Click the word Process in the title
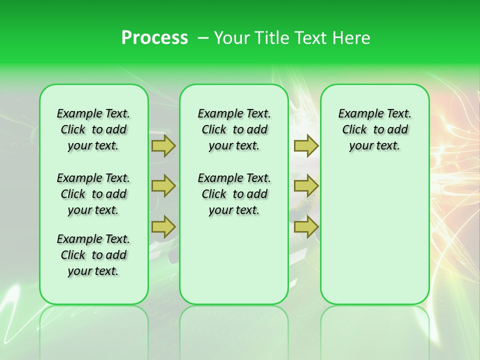154,38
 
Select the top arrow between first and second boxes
163,146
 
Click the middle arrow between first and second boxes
163,186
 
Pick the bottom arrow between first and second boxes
163,226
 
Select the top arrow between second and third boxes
306,146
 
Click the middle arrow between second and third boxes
306,186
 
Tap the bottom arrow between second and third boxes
306,226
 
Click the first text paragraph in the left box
93,129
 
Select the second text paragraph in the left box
93,194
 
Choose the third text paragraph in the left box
93,255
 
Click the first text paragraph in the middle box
234,129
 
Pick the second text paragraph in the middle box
234,194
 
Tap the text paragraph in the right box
374,129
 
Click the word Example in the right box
357,114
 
